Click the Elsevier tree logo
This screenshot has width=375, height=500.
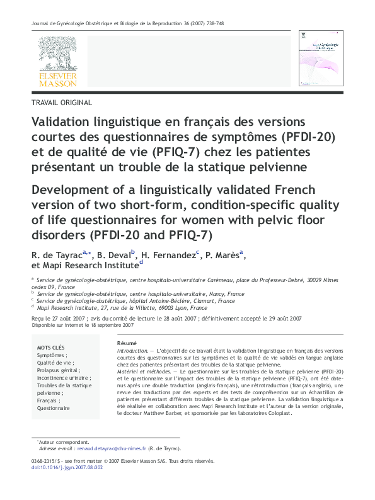coord(57,53)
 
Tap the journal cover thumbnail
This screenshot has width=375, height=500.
coord(320,55)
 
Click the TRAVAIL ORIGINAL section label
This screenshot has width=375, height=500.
coord(61,103)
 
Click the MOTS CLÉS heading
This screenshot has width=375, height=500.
coord(50,347)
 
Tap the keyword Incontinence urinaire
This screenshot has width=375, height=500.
coord(63,378)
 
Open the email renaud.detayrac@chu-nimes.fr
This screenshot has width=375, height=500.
coord(111,449)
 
